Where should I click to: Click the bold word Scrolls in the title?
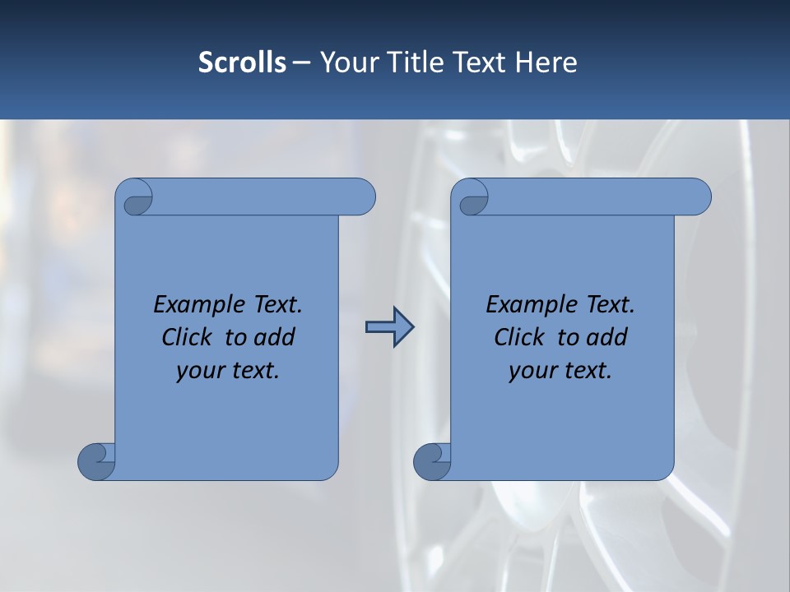point(242,62)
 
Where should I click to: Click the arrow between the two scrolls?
point(389,327)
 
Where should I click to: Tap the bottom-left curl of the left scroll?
point(96,460)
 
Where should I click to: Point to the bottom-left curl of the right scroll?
point(432,460)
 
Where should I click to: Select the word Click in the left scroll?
point(189,337)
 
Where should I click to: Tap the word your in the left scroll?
point(199,372)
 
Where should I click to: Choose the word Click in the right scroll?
point(522,337)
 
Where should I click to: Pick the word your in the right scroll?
point(532,372)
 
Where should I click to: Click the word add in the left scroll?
point(276,337)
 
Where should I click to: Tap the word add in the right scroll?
point(608,337)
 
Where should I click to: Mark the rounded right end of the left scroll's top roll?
point(362,197)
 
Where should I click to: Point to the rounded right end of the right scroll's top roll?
point(698,197)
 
